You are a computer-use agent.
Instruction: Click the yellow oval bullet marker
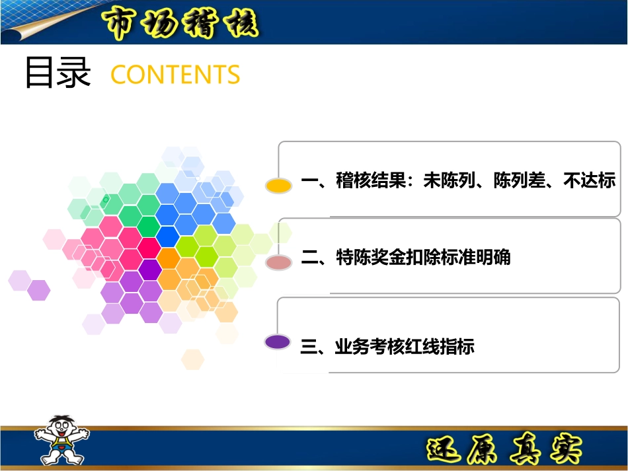[x=278, y=186]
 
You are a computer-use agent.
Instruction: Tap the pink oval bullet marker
[x=278, y=263]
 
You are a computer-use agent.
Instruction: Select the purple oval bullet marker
[x=277, y=342]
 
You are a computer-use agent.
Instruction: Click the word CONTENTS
[x=175, y=75]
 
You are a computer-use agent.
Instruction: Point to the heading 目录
[x=58, y=73]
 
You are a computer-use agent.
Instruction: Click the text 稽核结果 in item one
[x=370, y=180]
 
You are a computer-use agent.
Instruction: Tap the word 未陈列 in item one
[x=450, y=180]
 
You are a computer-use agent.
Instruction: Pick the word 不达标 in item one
[x=589, y=180]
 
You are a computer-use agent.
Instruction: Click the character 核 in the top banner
[x=237, y=24]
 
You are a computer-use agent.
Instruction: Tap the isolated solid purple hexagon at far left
[x=39, y=290]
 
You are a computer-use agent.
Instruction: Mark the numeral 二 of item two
[x=309, y=257]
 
